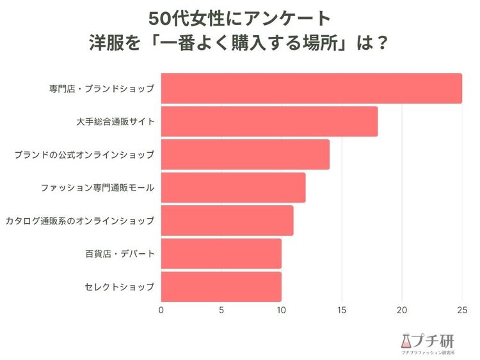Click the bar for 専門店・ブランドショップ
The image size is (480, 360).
coord(311,88)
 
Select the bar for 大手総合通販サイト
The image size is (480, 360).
coord(269,121)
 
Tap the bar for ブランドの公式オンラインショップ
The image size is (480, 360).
coord(245,155)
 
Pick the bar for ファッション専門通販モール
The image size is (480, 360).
coord(233,187)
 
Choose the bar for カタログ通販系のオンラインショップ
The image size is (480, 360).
coord(227,221)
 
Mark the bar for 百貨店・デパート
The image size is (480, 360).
coord(221,254)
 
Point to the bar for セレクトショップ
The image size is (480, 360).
coord(221,286)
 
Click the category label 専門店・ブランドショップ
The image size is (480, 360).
coord(102,89)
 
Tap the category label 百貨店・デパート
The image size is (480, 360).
coord(120,254)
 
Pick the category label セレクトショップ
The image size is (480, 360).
coord(120,287)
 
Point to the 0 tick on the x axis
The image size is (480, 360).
coord(161,310)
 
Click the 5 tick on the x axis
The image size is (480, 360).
coord(221,310)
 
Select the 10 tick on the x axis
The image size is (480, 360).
coord(282,310)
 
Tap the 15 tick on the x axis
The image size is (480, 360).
coord(342,310)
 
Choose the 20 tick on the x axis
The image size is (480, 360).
coord(402,310)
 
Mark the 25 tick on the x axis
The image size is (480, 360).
coord(462,310)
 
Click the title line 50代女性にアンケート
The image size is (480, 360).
coord(239,17)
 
